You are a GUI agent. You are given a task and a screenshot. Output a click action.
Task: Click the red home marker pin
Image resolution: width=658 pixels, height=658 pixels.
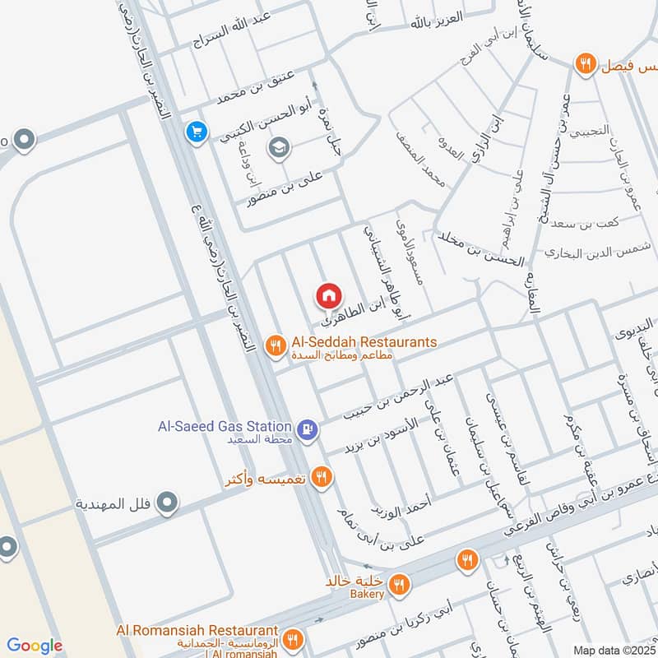pyautogui.click(x=328, y=294)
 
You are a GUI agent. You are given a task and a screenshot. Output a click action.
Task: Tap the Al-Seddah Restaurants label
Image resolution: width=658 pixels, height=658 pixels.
pyautogui.click(x=363, y=341)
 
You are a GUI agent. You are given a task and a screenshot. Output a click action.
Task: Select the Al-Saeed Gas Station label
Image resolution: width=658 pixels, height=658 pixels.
pyautogui.click(x=225, y=427)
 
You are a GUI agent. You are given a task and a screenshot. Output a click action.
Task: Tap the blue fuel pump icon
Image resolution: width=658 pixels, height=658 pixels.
pyautogui.click(x=308, y=429)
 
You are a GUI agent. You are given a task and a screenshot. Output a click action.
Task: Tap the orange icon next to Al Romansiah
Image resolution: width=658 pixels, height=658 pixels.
pyautogui.click(x=292, y=638)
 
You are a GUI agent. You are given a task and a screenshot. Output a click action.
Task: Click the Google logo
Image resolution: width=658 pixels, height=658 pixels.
pyautogui.click(x=35, y=646)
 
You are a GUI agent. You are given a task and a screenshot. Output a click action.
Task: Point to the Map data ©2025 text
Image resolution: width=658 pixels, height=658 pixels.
pyautogui.click(x=614, y=651)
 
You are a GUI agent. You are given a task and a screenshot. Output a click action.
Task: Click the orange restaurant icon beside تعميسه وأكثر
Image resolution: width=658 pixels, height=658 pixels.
pyautogui.click(x=322, y=476)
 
